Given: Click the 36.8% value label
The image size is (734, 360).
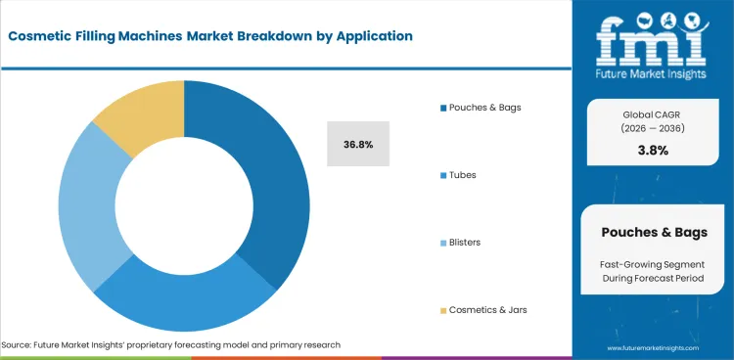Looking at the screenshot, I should [358, 144].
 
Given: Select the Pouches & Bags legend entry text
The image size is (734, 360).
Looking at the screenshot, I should [485, 107].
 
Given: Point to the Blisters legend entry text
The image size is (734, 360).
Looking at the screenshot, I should [465, 243].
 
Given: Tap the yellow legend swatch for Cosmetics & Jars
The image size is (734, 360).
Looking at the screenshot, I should [442, 310].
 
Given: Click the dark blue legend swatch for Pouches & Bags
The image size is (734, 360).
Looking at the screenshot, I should [442, 107].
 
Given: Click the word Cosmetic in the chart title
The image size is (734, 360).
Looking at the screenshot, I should [46, 35].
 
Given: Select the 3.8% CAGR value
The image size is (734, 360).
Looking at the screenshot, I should [652, 151].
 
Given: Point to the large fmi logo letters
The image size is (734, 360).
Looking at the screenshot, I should [652, 39].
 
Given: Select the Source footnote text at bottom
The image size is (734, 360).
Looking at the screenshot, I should [171, 345].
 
